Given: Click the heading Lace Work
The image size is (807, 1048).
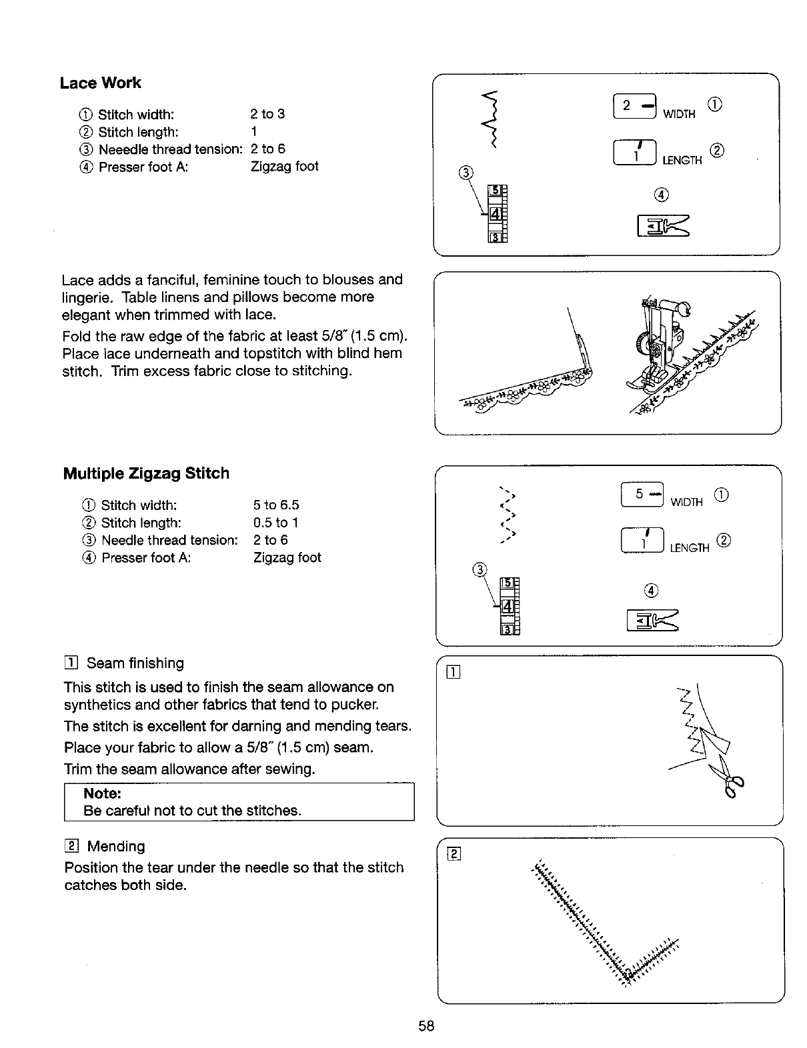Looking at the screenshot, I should [x=100, y=83].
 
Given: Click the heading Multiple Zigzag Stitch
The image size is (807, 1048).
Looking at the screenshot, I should [x=146, y=474].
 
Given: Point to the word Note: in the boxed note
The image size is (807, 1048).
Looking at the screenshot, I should [x=102, y=793].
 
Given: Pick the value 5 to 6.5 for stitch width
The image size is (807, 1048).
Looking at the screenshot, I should [x=276, y=505].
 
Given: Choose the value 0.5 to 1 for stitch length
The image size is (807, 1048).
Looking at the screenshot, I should [x=275, y=523].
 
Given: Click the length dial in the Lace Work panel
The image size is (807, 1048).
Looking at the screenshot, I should [x=634, y=154].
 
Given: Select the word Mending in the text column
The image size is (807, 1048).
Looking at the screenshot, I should [x=116, y=847].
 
